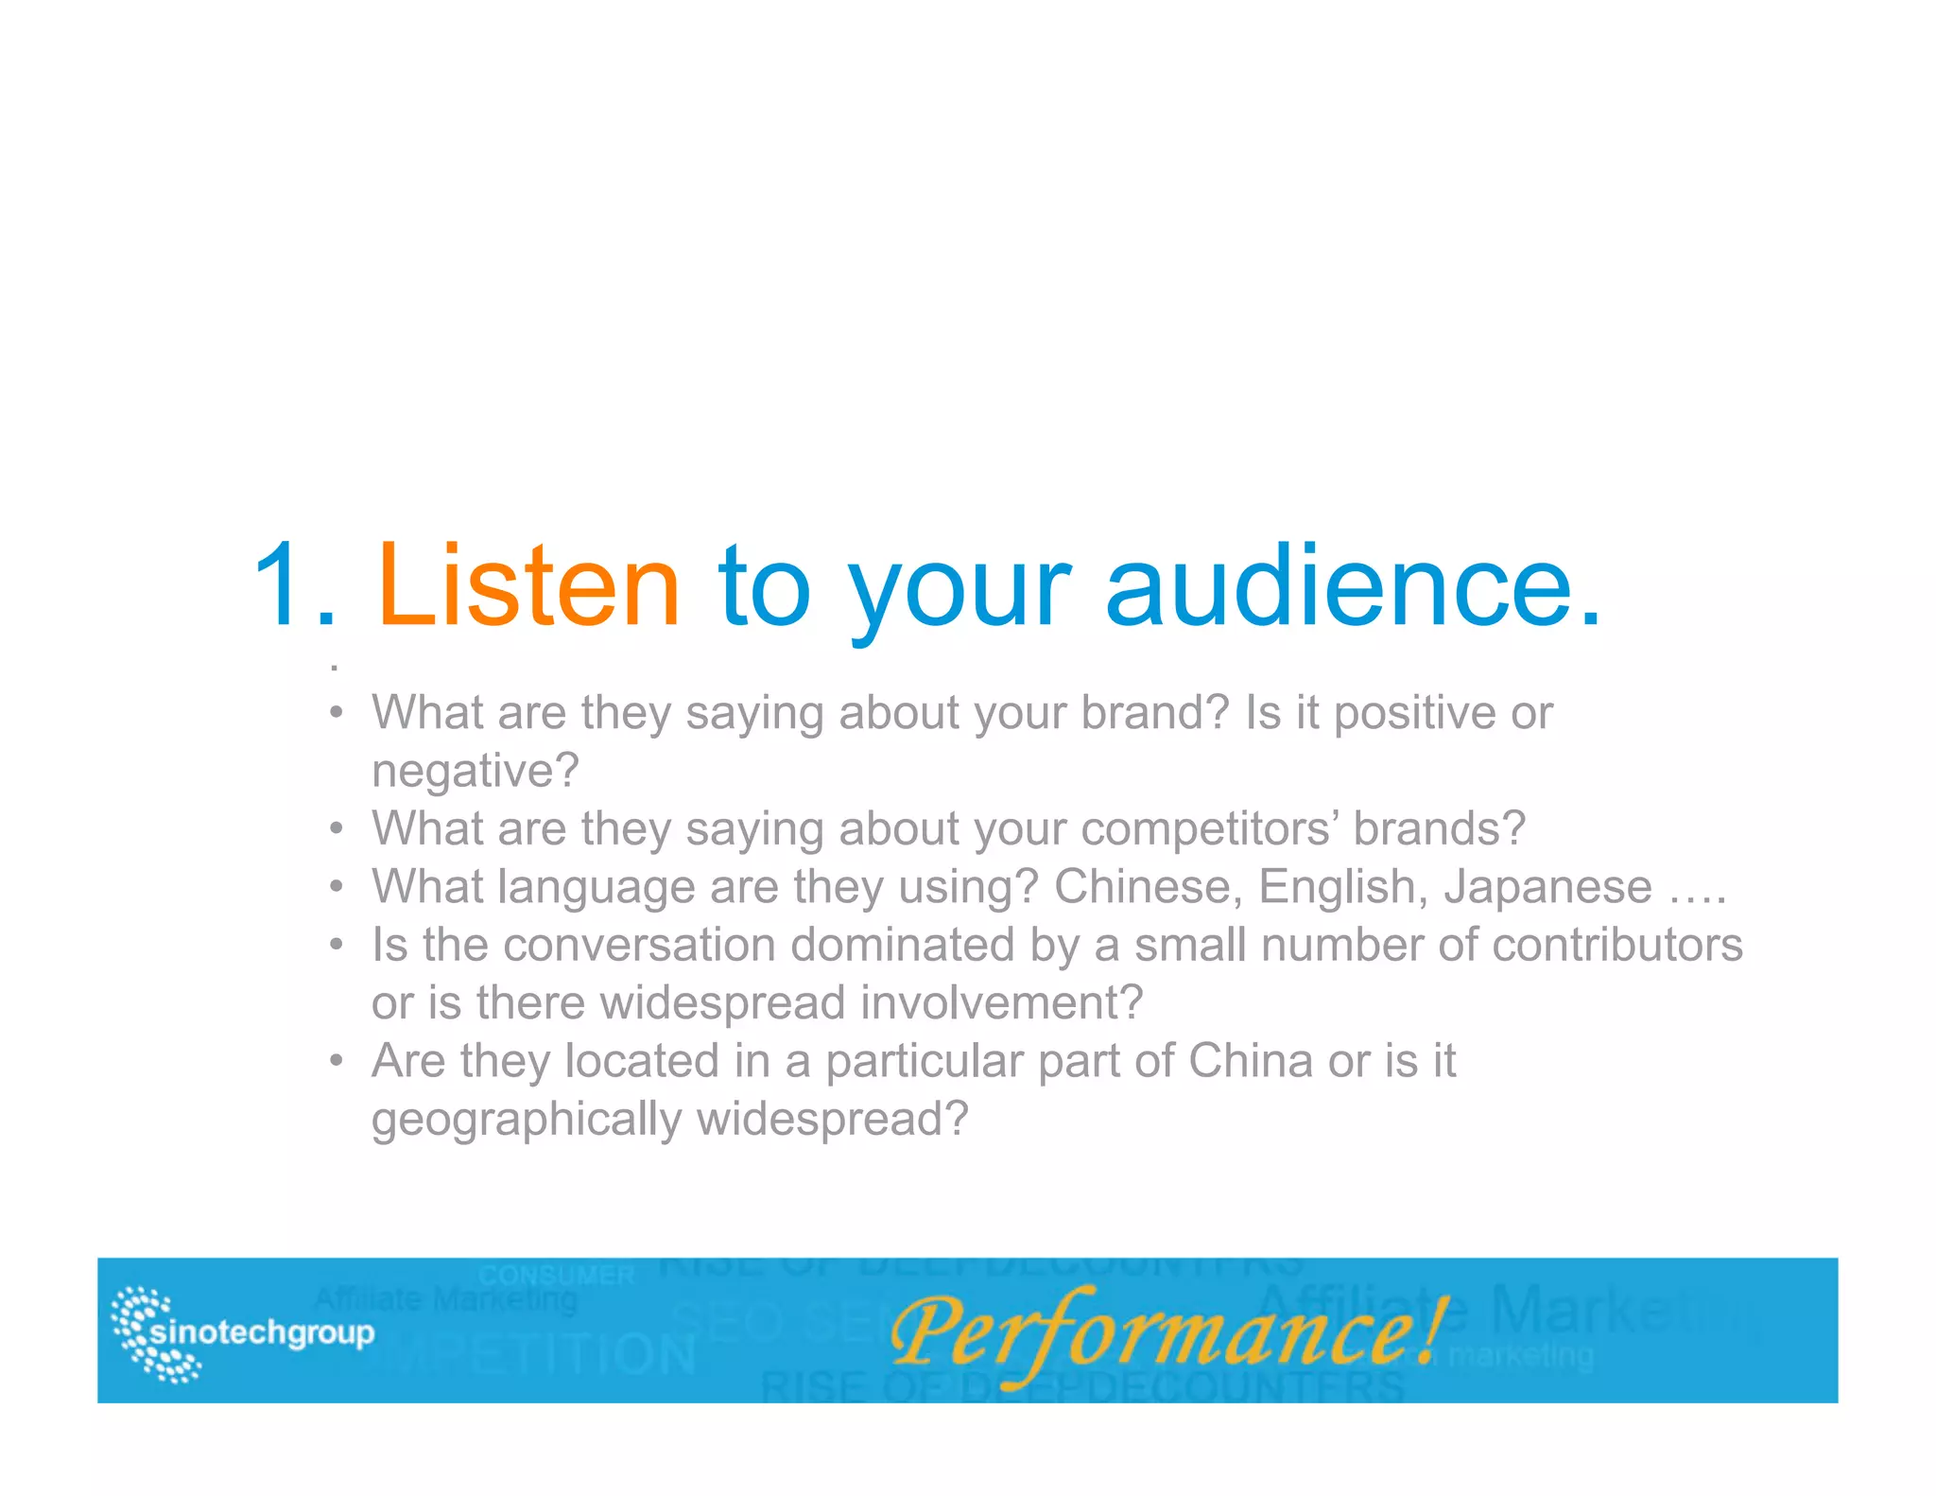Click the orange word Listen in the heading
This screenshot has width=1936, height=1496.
[x=527, y=586]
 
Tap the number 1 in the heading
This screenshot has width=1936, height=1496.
[x=282, y=586]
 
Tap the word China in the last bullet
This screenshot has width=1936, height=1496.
[x=1251, y=1061]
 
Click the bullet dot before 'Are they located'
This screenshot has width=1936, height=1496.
[x=336, y=1061]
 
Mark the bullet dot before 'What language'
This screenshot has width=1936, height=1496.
[x=336, y=887]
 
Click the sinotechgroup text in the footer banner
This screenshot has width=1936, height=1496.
[x=262, y=1332]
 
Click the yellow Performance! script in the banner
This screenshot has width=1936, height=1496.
[x=1167, y=1332]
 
